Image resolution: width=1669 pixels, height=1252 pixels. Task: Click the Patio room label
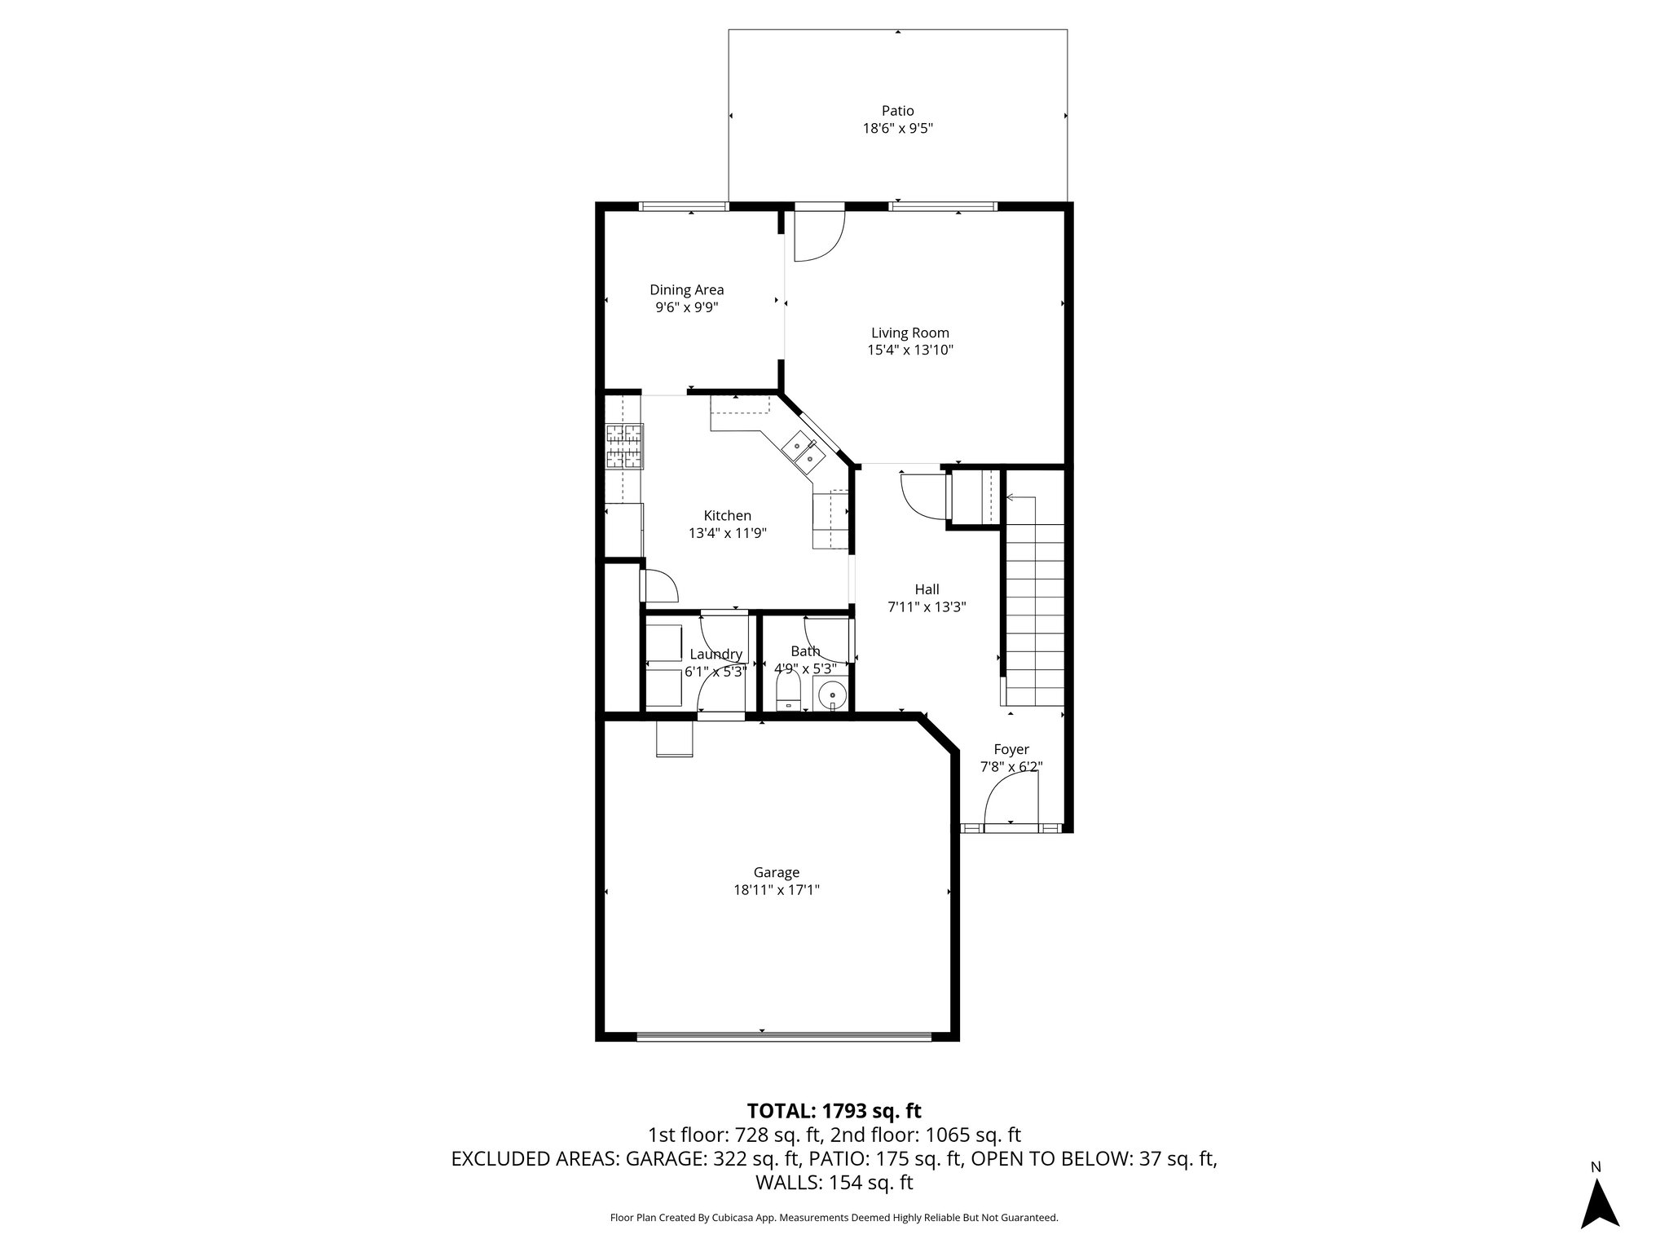(x=897, y=111)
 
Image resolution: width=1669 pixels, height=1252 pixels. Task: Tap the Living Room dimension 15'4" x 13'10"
(x=909, y=350)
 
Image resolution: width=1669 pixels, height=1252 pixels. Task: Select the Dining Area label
(x=686, y=289)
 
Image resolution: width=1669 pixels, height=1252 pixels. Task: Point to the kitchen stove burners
(x=624, y=447)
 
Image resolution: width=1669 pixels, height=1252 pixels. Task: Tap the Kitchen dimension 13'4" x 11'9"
(x=727, y=533)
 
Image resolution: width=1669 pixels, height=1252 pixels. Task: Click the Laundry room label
(x=716, y=655)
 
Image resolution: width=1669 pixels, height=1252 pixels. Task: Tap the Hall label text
(x=927, y=589)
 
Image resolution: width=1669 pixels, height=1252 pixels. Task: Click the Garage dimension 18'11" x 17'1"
(x=776, y=890)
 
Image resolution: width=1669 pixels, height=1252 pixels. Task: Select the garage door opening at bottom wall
(x=782, y=1037)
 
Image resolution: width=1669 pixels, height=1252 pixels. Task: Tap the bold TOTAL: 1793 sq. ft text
(x=834, y=1110)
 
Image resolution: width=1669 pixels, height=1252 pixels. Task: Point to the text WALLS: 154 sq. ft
(x=834, y=1182)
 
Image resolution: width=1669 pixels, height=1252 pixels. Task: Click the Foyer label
(x=1011, y=749)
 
